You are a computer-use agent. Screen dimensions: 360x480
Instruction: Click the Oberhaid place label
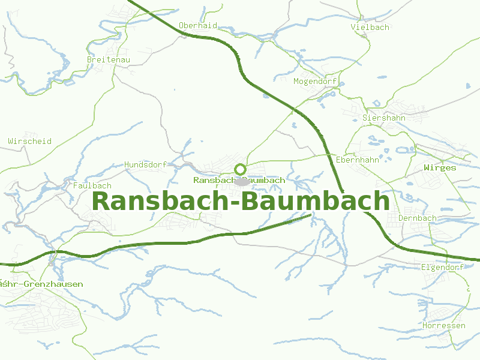pos(198,26)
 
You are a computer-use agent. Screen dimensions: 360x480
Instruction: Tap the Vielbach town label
pos(370,27)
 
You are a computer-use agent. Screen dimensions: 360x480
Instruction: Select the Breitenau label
pos(109,59)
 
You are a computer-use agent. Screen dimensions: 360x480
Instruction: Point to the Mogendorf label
pos(316,81)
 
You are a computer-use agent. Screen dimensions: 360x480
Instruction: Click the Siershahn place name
pos(384,118)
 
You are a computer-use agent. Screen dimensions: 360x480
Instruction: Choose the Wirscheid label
pos(30,142)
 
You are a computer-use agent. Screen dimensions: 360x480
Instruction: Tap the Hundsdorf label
pos(145,164)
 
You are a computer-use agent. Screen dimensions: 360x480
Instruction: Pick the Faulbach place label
pos(92,186)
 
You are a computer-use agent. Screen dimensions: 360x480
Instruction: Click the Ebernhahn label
pos(358,160)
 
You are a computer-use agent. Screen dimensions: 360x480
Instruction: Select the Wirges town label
pos(440,168)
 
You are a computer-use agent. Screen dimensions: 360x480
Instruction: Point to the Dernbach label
pos(418,218)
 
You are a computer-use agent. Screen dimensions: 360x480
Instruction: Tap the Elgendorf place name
pos(443,267)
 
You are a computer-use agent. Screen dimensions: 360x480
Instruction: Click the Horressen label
pos(444,325)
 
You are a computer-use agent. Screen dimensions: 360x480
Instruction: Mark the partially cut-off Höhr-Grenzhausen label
pos(41,284)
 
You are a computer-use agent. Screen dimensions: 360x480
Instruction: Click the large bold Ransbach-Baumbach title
pos(241,201)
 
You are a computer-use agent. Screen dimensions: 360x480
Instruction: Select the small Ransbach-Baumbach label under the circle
pos(239,180)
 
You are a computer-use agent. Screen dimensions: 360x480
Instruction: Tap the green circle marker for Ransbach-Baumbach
pos(240,169)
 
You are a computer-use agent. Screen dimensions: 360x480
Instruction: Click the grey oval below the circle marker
pos(242,181)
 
